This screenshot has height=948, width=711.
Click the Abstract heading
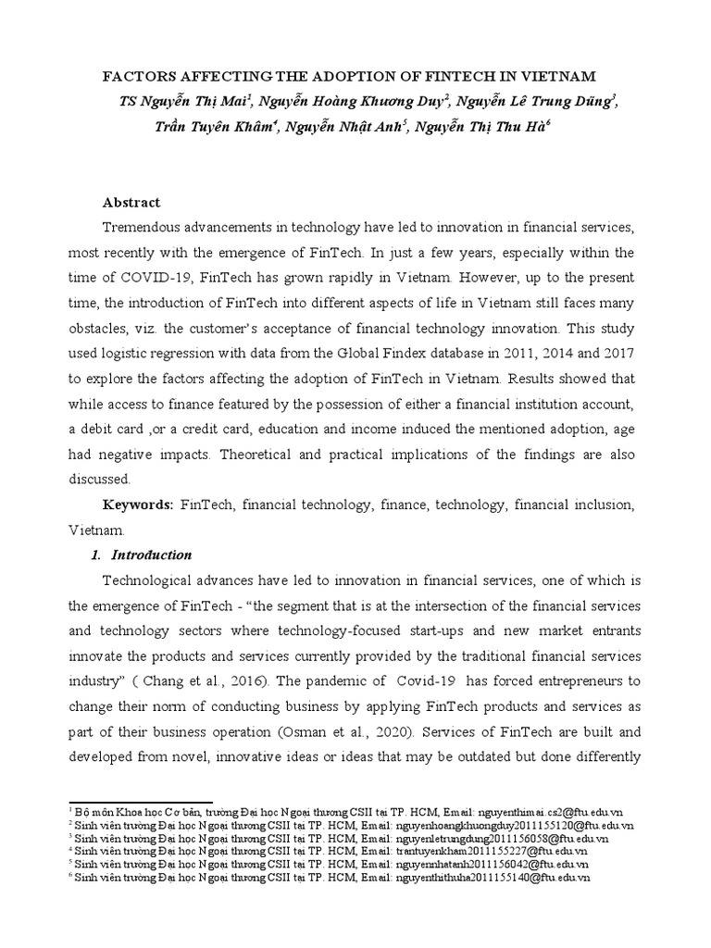coord(131,202)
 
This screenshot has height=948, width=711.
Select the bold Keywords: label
coord(138,505)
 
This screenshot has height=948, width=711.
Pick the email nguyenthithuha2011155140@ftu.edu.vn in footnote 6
coord(493,876)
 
